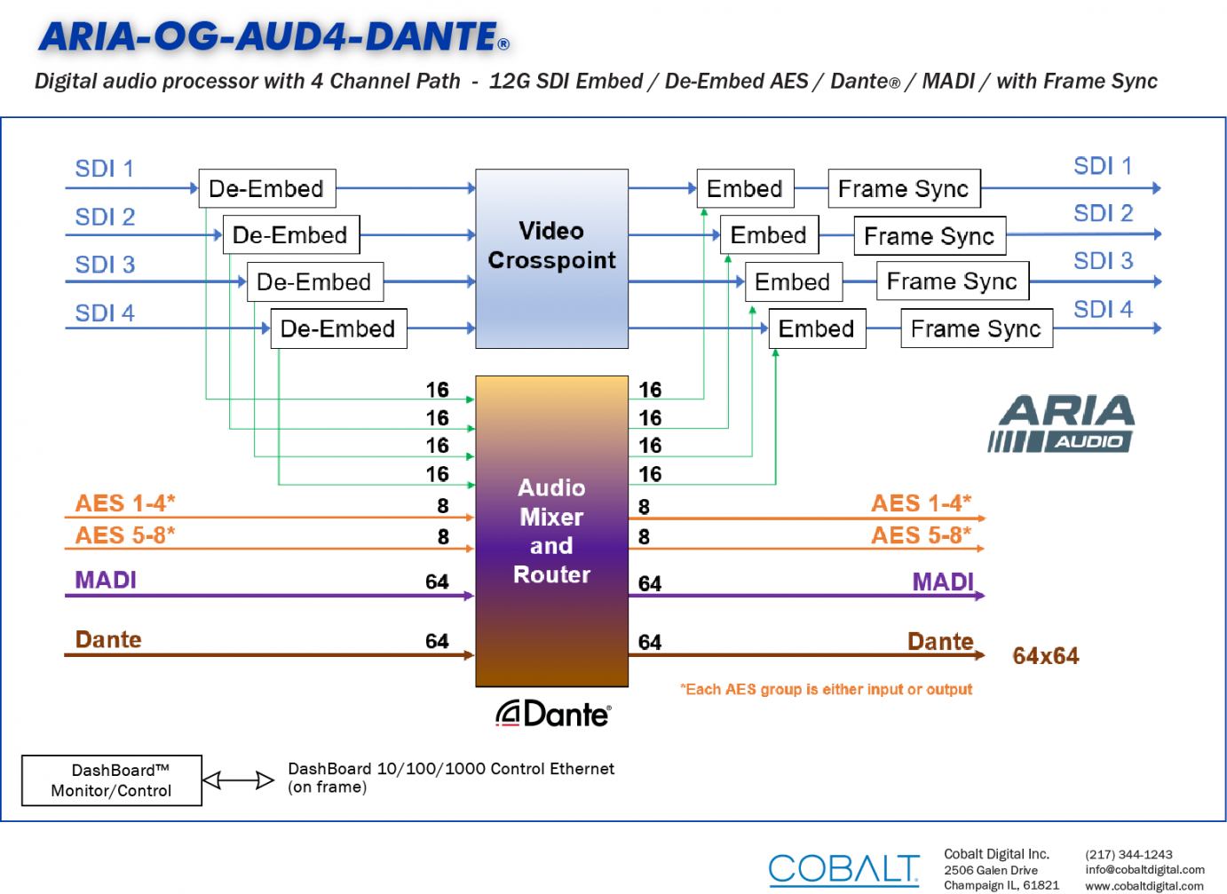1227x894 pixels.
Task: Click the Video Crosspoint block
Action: [551, 258]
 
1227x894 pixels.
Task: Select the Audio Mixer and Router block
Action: [551, 531]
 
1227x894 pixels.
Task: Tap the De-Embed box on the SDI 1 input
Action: [266, 188]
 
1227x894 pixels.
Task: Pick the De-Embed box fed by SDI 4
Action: [338, 328]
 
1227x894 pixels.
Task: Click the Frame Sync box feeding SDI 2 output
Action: [930, 236]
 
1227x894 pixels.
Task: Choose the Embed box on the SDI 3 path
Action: [793, 282]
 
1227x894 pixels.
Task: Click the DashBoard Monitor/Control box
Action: [112, 780]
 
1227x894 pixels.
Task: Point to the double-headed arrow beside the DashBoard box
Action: [238, 780]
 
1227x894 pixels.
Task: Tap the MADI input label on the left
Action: [106, 580]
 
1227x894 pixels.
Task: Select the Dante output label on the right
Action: [940, 642]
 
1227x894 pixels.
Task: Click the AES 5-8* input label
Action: [125, 535]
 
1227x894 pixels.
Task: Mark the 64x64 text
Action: [1046, 656]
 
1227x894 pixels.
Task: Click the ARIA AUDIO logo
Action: [1061, 423]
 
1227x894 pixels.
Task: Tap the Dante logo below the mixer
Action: [553, 713]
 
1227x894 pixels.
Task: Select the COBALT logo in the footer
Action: [843, 869]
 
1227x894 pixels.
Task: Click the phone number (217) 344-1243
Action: [1128, 855]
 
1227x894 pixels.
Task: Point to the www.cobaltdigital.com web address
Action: [1144, 886]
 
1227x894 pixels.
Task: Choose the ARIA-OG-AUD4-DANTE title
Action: [273, 36]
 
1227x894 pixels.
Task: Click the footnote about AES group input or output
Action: [826, 689]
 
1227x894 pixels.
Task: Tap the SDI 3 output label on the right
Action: [1104, 261]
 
